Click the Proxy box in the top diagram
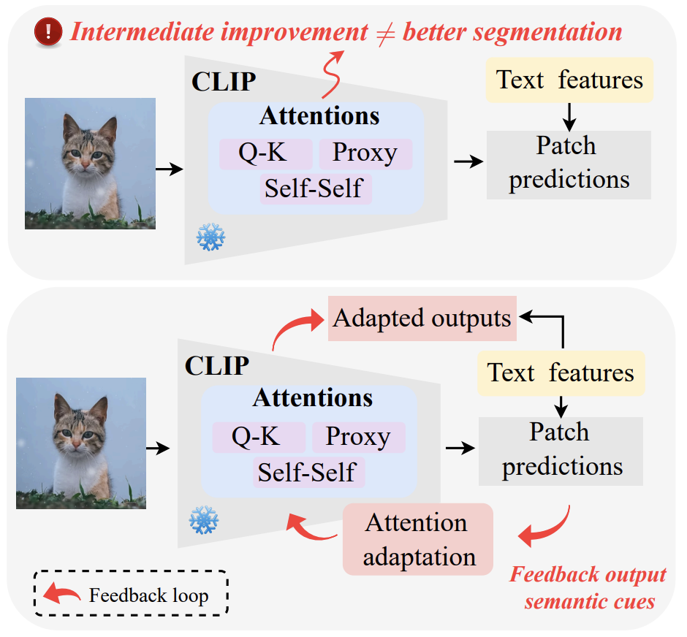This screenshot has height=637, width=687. click(365, 153)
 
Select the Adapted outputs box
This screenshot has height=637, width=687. click(422, 318)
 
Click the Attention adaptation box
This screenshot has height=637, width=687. click(418, 540)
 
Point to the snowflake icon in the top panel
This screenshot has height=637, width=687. click(211, 237)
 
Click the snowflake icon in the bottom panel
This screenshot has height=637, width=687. click(204, 520)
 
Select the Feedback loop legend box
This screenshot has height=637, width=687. click(132, 594)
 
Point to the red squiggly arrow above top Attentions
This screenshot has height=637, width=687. click(333, 73)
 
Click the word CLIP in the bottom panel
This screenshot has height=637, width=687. click(216, 365)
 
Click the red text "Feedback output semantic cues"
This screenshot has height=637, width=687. click(588, 588)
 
